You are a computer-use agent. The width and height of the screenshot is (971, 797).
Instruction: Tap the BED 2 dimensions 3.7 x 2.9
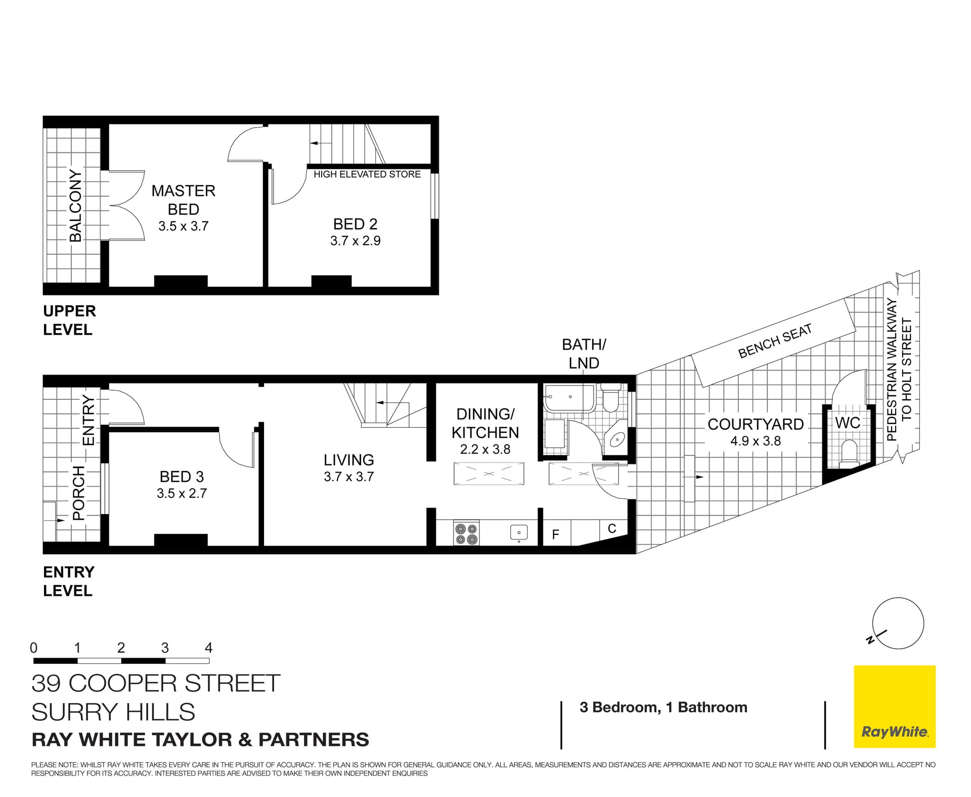tap(355, 241)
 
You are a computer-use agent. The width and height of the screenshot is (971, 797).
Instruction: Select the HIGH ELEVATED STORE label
tap(367, 174)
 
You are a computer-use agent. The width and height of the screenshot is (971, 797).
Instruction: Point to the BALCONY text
tap(75, 205)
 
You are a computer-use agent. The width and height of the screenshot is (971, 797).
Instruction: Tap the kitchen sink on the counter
tap(519, 532)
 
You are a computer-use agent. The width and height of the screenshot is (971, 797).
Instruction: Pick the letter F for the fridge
tap(555, 534)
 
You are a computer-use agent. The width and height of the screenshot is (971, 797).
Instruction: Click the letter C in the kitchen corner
tap(612, 529)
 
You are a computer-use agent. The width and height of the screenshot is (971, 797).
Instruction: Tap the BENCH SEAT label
tap(775, 341)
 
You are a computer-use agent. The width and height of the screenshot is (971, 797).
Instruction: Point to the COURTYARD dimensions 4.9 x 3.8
tap(755, 441)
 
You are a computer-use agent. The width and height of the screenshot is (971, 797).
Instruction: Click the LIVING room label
tap(349, 460)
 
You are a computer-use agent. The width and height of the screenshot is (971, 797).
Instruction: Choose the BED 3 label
tap(182, 477)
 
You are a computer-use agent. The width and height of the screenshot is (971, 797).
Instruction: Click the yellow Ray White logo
tap(894, 706)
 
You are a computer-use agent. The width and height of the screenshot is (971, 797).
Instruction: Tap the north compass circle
tap(898, 623)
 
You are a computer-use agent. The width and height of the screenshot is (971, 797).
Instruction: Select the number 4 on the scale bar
tap(208, 648)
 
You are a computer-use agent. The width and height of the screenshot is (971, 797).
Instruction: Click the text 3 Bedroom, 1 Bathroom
tap(663, 707)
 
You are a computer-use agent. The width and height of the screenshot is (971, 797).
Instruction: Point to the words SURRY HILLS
tap(113, 712)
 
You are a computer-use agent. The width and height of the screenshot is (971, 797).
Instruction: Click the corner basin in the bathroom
tap(617, 440)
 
